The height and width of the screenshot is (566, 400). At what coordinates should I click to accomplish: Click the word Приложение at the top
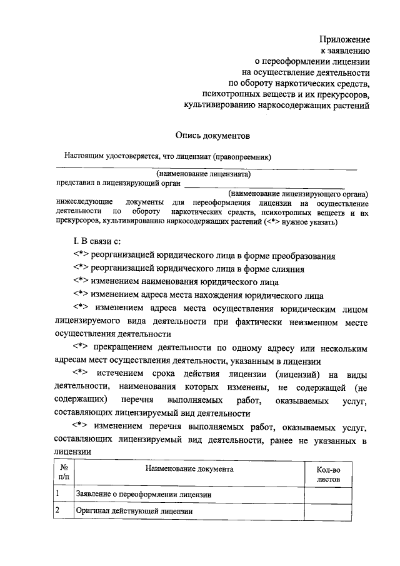pos(345,39)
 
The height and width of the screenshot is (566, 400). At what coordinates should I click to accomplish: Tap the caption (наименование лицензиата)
pos(204,174)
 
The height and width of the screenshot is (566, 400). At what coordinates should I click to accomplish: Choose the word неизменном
pos(314,321)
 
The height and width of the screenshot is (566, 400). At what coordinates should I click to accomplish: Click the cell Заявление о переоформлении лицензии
pos(143,495)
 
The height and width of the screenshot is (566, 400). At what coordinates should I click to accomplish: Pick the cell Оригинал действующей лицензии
pos(134,511)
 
